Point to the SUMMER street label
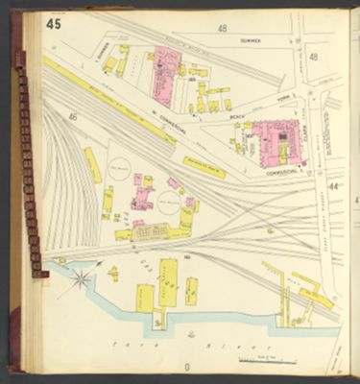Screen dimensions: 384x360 [252, 42]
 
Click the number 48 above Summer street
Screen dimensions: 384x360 [223, 29]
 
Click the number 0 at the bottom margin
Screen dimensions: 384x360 [187, 367]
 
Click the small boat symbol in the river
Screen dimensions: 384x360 [191, 335]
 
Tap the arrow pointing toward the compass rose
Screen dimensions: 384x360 [97, 263]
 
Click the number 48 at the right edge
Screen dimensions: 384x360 [314, 58]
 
